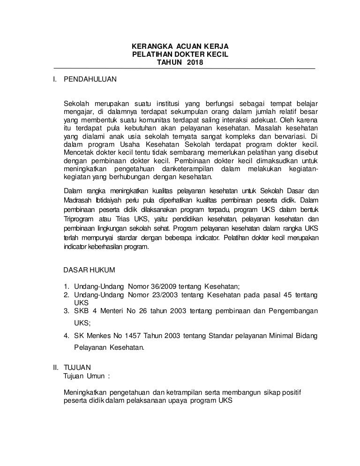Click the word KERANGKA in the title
147,47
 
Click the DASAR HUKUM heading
88,271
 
